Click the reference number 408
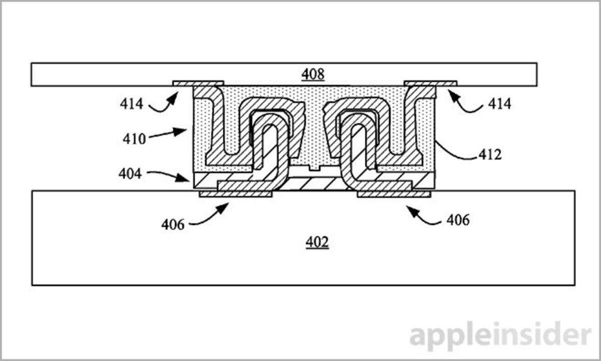313,75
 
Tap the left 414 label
131,104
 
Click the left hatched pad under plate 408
198,82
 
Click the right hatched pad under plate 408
430,82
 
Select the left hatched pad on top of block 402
235,194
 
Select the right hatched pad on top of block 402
393,194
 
